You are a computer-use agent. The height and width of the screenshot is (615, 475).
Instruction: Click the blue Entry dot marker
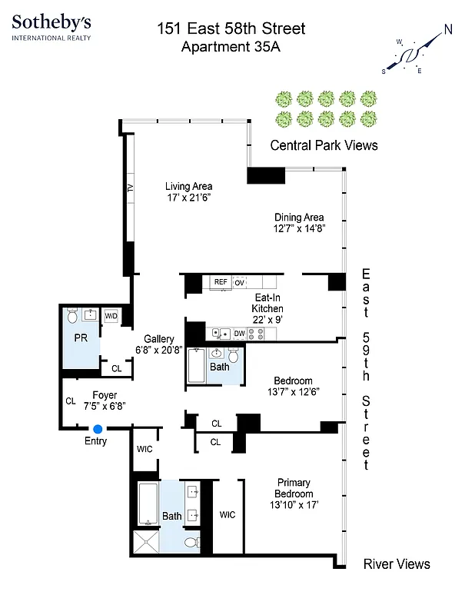point(98,429)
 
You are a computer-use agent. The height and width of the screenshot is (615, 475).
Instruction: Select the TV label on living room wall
point(130,188)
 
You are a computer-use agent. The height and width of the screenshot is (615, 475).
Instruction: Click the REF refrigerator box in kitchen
point(221,282)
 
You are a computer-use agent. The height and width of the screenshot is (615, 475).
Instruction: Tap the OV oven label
point(239,283)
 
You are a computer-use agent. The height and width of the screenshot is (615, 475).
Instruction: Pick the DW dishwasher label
point(239,333)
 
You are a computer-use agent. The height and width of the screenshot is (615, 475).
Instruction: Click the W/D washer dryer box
point(111,315)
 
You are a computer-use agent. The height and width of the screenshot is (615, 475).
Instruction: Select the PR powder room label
point(80,337)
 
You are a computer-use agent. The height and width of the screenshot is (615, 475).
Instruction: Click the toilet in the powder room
point(73,314)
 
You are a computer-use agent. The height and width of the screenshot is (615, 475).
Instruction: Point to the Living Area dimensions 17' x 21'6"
point(189,198)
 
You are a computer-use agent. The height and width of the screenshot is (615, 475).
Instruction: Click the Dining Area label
point(299,217)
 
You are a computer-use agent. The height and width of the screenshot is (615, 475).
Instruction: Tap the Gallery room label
point(159,338)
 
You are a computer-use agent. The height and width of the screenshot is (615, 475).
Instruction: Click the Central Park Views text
point(324,145)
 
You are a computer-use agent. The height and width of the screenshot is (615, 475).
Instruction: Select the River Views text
point(396,564)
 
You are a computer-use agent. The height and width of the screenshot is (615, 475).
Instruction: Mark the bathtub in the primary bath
point(148,504)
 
